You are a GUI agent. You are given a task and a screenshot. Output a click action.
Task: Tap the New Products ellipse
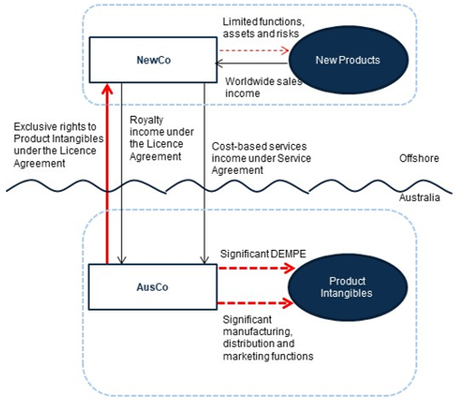(349, 60)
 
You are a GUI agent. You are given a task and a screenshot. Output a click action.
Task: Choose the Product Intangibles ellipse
(348, 287)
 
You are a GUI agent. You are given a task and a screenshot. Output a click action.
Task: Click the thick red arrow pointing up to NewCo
(107, 174)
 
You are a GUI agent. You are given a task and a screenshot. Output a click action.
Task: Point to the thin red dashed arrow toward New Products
(254, 51)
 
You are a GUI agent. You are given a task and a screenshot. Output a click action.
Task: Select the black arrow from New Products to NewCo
(251, 63)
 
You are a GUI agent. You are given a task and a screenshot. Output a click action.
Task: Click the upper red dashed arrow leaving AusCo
(256, 268)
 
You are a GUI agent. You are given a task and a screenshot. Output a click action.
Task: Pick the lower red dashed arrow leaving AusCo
(256, 303)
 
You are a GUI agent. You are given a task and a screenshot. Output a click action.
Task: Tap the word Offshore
(419, 159)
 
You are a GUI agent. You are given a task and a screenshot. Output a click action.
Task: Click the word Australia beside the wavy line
(419, 197)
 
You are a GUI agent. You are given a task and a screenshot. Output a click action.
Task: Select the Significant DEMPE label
(263, 254)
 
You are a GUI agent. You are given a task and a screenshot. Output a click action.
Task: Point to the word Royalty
(147, 120)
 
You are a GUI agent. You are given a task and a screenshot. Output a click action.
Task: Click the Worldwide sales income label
(264, 87)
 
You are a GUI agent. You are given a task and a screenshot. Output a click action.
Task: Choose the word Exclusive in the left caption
(34, 127)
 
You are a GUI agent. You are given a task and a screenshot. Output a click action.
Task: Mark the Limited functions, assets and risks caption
(264, 27)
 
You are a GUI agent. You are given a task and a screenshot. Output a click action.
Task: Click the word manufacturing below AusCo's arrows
(258, 332)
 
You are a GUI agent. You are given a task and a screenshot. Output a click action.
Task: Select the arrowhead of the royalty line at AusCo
(121, 260)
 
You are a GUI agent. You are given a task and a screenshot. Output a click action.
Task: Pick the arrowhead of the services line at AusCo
(205, 260)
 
